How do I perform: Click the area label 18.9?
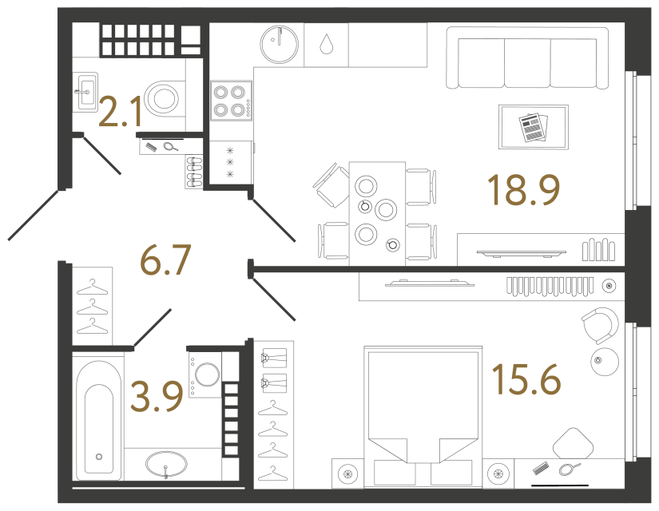[x=523, y=191]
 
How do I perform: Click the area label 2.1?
[x=121, y=111]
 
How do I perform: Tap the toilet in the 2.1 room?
[x=165, y=98]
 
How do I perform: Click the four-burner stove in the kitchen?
[x=231, y=101]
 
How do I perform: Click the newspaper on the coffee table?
[x=533, y=127]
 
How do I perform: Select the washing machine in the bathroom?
[x=206, y=374]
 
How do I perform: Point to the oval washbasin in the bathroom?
[x=166, y=464]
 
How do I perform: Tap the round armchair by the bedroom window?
[x=599, y=324]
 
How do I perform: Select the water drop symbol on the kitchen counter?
[x=326, y=44]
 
